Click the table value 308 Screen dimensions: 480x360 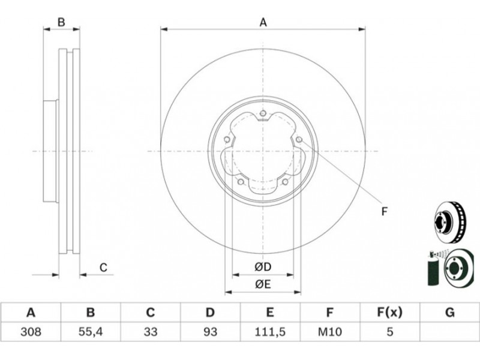31,332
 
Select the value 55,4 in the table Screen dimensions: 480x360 91,332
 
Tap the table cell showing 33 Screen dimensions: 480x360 151,332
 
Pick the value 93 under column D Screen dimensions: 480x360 210,332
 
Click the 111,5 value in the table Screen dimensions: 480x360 270,332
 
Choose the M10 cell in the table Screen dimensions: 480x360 329,332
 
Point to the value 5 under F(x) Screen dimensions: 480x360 389,332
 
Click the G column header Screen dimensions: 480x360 449,313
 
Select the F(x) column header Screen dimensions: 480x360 389,313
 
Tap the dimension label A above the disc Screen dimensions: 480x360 263,22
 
